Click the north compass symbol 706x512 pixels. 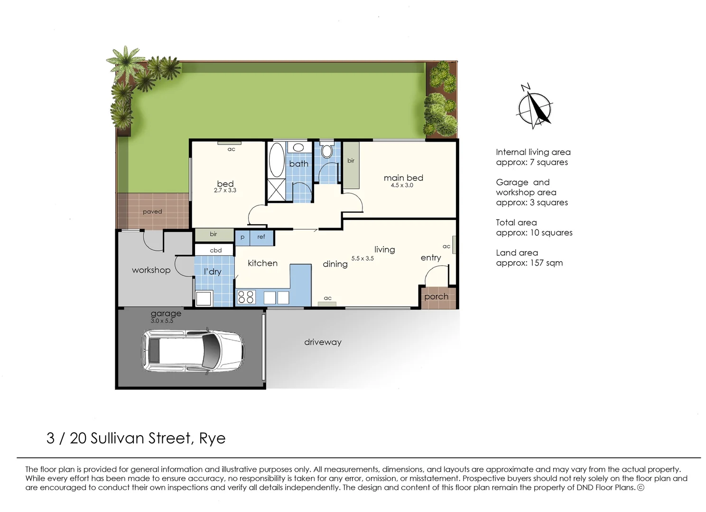(x=535, y=109)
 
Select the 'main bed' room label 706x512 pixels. (x=403, y=178)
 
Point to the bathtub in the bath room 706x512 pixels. (x=276, y=160)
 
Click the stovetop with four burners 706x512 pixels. (x=246, y=297)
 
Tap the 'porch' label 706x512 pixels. (x=436, y=297)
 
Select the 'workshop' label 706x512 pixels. (x=151, y=270)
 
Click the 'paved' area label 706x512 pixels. (x=152, y=211)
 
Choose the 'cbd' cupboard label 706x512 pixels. (x=215, y=250)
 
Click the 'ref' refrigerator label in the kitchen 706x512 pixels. (x=261, y=237)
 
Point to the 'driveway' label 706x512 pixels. (x=323, y=342)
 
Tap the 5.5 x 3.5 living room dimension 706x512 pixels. (x=362, y=258)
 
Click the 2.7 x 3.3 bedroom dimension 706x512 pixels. (x=225, y=191)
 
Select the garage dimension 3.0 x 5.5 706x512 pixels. (x=162, y=321)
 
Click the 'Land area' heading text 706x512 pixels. (x=517, y=253)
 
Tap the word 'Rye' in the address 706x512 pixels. (x=212, y=438)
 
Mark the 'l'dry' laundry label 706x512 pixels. (x=213, y=272)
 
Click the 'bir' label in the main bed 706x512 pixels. (x=351, y=161)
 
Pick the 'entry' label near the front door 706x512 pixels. (x=430, y=257)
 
